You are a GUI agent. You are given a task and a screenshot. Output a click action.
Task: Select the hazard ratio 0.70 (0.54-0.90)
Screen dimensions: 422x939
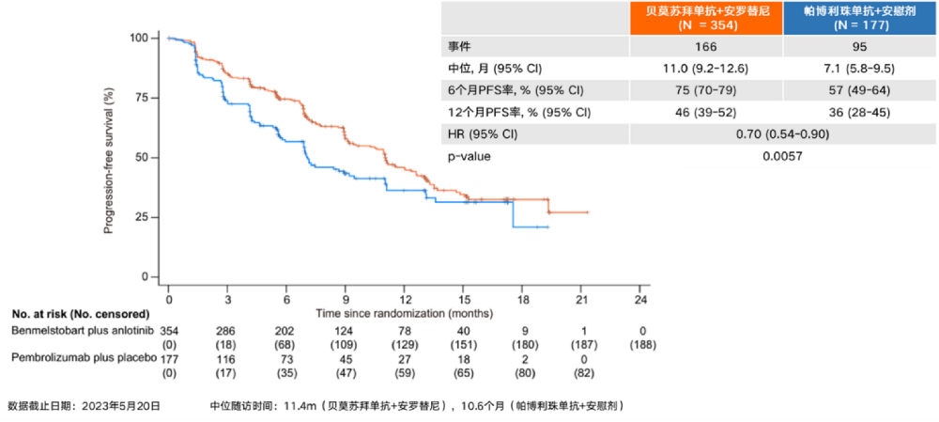coord(782,133)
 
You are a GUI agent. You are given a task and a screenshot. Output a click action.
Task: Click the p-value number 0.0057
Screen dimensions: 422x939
coord(782,156)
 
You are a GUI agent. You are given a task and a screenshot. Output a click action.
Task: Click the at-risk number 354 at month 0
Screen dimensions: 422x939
coord(169,332)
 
